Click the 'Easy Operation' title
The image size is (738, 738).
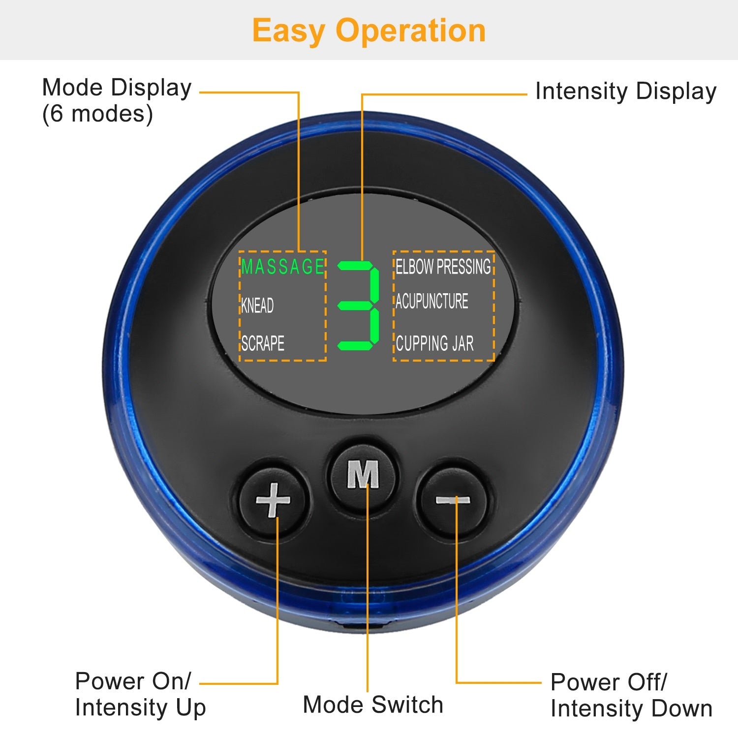369,31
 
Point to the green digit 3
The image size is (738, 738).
359,306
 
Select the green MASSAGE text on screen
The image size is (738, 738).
282,267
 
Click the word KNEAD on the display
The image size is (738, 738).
257,306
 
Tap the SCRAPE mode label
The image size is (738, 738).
263,343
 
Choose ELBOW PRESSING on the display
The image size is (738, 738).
443,267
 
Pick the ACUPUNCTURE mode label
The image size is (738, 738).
432,301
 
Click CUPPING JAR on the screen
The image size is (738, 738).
434,343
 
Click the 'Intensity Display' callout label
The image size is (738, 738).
625,92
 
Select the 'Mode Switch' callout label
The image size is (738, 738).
373,705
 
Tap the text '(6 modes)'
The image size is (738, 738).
97,114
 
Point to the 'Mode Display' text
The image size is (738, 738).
117,88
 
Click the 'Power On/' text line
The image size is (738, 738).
133,681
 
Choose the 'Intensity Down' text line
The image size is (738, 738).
631,708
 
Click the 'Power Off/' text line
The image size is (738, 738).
609,682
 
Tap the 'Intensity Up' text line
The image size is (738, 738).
140,708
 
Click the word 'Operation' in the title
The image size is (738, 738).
411,31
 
